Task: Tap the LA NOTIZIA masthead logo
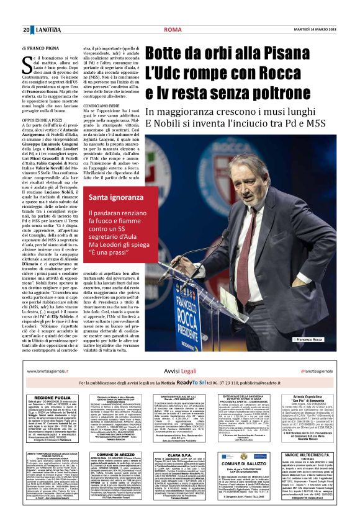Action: pos(43,30)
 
